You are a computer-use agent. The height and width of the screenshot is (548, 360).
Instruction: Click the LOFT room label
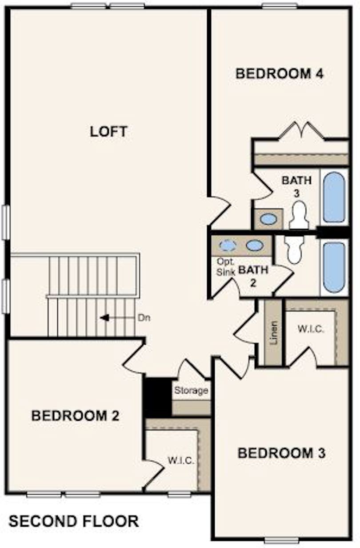(x=108, y=132)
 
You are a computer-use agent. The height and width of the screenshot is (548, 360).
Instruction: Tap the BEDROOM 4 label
(x=280, y=74)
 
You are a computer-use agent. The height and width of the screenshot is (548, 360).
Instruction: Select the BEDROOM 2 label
(x=76, y=415)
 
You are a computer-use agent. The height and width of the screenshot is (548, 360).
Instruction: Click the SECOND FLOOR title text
(x=74, y=521)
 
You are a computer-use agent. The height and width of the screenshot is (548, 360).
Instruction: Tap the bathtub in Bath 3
(x=334, y=197)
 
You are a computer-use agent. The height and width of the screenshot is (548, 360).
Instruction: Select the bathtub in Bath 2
(x=334, y=267)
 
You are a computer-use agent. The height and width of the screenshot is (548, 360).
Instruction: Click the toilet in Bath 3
(x=298, y=215)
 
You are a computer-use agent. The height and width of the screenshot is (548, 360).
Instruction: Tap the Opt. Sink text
(x=226, y=267)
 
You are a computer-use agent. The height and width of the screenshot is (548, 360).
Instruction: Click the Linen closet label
(x=274, y=333)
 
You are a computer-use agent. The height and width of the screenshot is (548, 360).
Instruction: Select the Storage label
(x=191, y=391)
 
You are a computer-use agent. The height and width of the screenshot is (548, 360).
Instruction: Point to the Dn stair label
(x=144, y=318)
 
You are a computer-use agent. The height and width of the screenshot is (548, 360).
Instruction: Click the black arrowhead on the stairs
(x=104, y=318)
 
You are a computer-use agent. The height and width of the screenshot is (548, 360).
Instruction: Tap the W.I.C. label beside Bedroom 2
(x=181, y=461)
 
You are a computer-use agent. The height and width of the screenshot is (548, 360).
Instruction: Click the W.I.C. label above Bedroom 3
(x=311, y=329)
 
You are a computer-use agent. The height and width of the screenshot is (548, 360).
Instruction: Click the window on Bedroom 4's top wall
(x=280, y=6)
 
